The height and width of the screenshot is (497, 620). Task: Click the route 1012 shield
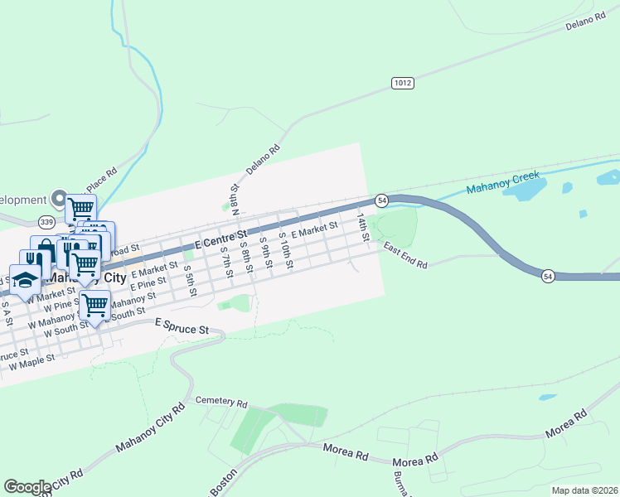[x=402, y=83]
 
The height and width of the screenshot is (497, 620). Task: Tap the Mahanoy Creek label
[x=503, y=183]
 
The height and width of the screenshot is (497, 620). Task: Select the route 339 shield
[x=46, y=222]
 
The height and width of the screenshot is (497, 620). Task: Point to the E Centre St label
[x=221, y=239]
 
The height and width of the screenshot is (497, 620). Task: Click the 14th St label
[x=362, y=227]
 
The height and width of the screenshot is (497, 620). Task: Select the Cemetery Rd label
[x=221, y=403]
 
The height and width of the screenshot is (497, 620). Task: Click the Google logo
[x=27, y=487]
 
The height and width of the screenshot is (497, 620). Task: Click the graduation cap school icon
[x=26, y=280]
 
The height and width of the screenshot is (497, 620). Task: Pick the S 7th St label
[x=226, y=262]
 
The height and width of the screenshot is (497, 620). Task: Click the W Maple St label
[x=31, y=361]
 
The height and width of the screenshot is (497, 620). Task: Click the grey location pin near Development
[x=58, y=199]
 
